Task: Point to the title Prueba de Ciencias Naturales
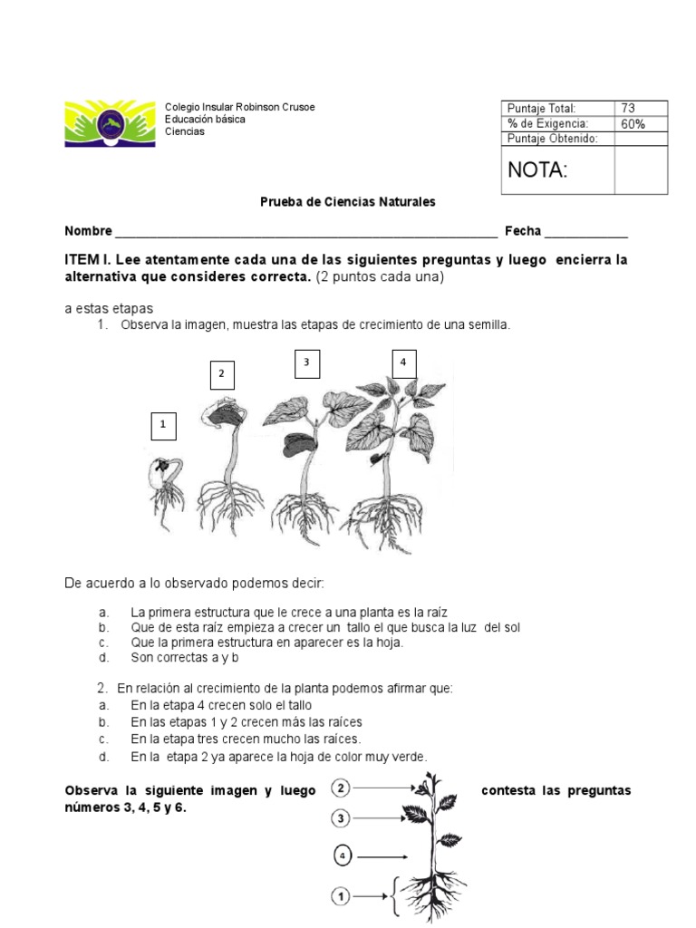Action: (348, 201)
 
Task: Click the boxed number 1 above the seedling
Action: (163, 424)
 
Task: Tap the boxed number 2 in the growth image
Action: (220, 373)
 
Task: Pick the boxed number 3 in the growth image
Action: (306, 362)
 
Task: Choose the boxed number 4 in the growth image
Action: (402, 362)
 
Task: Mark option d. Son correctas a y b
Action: (182, 657)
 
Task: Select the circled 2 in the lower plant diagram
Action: (341, 788)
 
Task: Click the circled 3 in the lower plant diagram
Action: (341, 818)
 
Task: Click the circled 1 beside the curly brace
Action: (341, 896)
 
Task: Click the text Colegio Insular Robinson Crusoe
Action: (240, 107)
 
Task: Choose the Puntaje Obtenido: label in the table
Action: (553, 138)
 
